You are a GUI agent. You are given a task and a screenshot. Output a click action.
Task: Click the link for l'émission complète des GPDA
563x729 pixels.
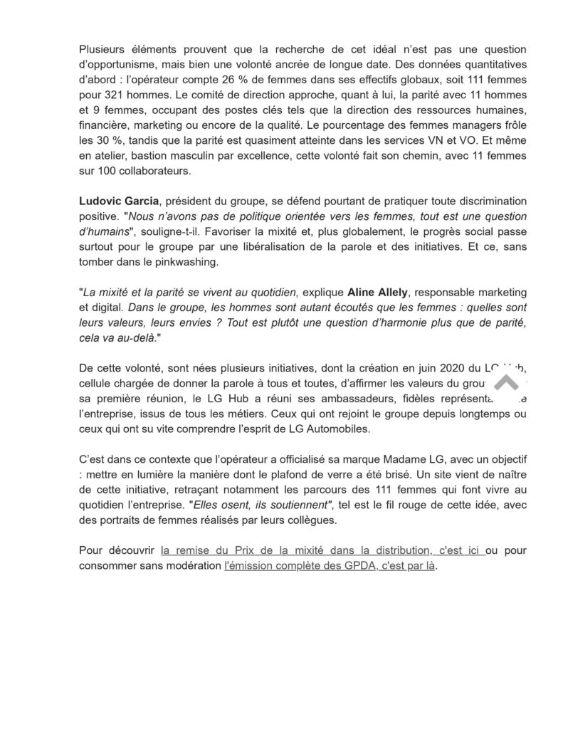pos(329,567)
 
